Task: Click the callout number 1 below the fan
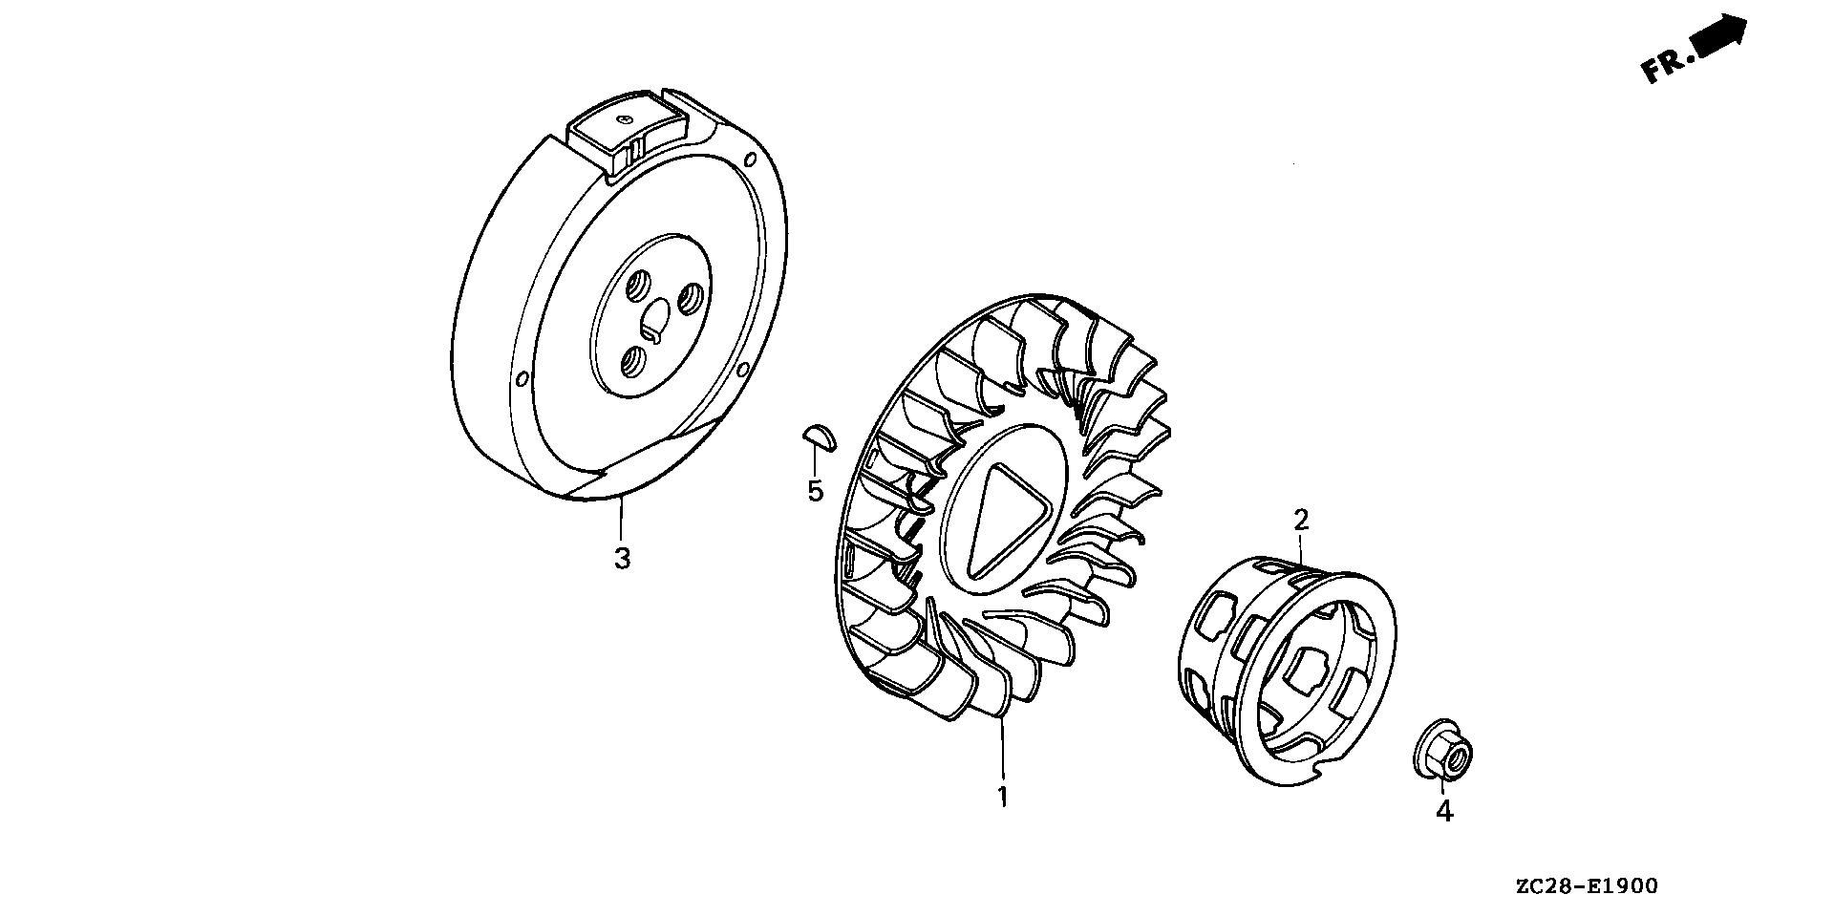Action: (x=1002, y=797)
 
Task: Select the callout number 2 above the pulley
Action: (x=1301, y=521)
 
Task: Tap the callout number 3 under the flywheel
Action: (x=622, y=558)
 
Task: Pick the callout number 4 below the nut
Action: (x=1444, y=812)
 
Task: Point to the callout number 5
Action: (x=815, y=491)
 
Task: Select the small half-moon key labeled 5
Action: (x=818, y=437)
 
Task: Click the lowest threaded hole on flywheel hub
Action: (x=633, y=361)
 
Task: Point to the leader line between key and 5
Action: (x=815, y=462)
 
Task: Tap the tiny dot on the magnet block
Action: (x=622, y=118)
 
